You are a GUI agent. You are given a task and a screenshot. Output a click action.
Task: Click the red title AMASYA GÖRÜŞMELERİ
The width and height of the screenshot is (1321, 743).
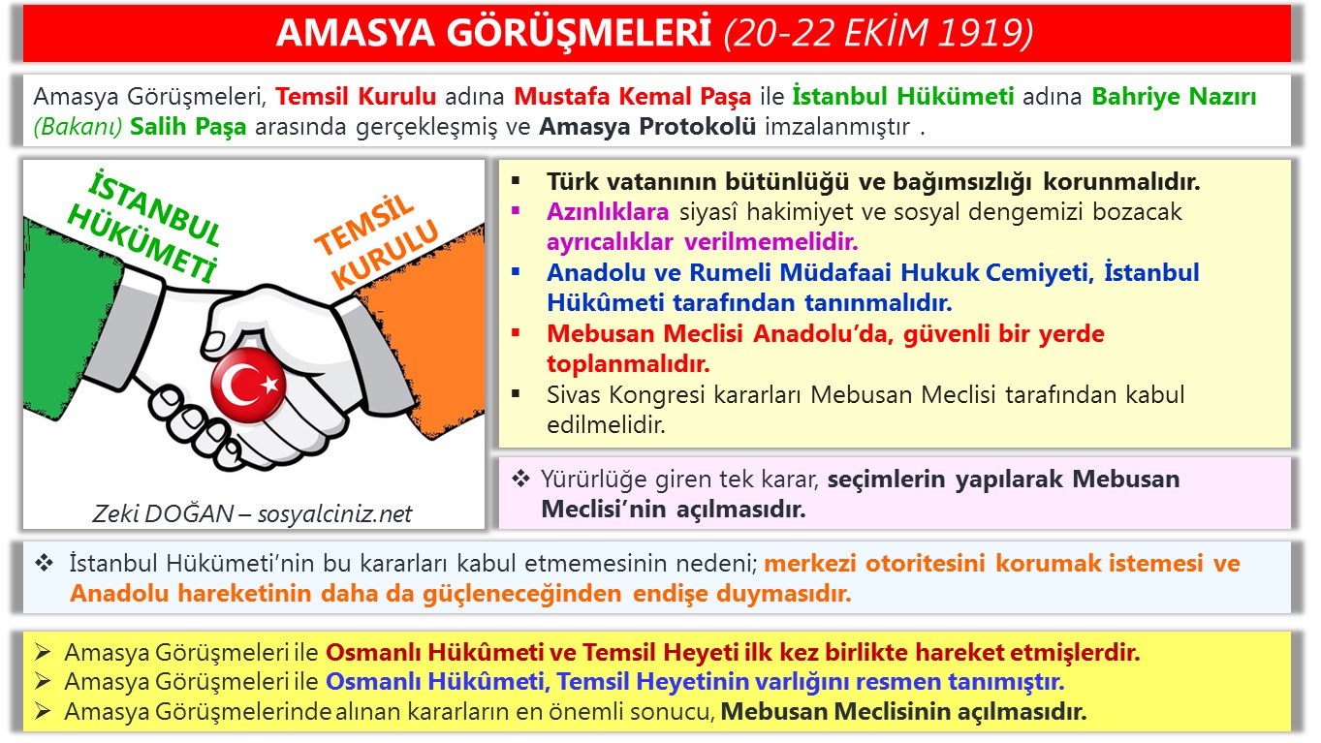495,33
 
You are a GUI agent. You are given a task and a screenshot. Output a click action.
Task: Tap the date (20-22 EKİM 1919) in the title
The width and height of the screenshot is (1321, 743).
878,33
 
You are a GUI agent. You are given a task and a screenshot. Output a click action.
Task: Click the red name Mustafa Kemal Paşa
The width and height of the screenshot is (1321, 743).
633,97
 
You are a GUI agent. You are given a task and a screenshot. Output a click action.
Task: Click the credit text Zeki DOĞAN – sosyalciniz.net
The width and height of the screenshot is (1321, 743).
252,513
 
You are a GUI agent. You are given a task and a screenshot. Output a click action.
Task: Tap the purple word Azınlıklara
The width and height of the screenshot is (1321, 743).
608,212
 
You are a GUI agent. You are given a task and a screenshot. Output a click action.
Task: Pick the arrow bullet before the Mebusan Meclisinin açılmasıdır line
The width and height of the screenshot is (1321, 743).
42,712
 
